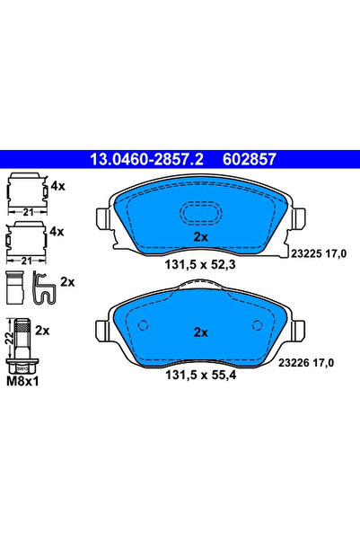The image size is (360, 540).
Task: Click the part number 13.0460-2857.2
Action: [146, 159]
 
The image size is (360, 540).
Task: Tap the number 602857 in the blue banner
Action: [250, 159]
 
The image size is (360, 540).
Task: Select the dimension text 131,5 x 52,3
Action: [200, 264]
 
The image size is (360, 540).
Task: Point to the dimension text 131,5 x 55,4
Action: [201, 375]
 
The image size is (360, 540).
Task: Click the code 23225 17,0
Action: [319, 253]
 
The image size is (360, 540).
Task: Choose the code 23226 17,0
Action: [306, 363]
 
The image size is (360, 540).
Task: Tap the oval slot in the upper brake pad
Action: [201, 212]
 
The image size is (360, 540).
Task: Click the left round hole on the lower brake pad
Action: [143, 325]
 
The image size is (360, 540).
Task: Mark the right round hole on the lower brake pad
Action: [258, 325]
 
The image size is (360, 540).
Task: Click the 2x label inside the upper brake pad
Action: [201, 237]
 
